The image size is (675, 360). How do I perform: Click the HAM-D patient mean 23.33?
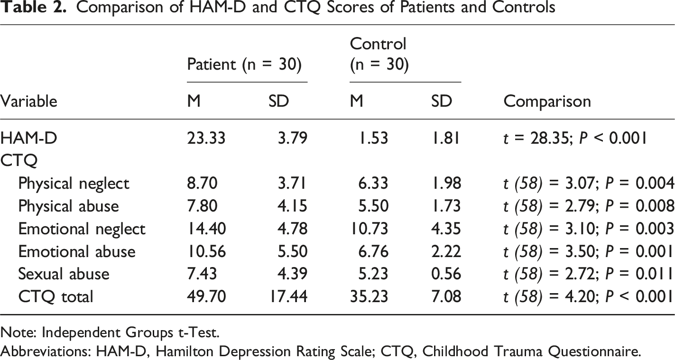pyautogui.click(x=206, y=138)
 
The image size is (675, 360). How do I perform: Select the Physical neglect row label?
pyautogui.click(x=74, y=184)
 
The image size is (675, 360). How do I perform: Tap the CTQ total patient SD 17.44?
pyautogui.click(x=289, y=296)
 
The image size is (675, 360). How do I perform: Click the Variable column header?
pyautogui.click(x=28, y=101)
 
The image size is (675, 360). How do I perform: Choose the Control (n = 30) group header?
pyautogui.click(x=379, y=54)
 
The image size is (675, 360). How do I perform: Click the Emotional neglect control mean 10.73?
pyautogui.click(x=369, y=229)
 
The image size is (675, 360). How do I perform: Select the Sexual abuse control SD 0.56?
pyautogui.click(x=446, y=274)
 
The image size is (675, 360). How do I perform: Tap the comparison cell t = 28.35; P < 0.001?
pyautogui.click(x=575, y=138)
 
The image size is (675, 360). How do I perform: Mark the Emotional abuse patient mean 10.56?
pyautogui.click(x=206, y=251)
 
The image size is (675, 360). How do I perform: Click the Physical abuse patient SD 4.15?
pyautogui.click(x=292, y=206)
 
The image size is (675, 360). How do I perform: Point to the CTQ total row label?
pyautogui.click(x=56, y=297)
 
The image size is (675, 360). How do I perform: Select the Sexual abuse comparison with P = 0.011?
pyautogui.click(x=589, y=274)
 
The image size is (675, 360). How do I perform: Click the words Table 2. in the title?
pyautogui.click(x=33, y=7)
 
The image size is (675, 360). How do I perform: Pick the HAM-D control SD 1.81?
pyautogui.click(x=446, y=138)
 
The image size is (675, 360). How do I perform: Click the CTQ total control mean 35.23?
pyautogui.click(x=369, y=296)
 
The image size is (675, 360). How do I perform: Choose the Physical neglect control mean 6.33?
pyautogui.click(x=373, y=184)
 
